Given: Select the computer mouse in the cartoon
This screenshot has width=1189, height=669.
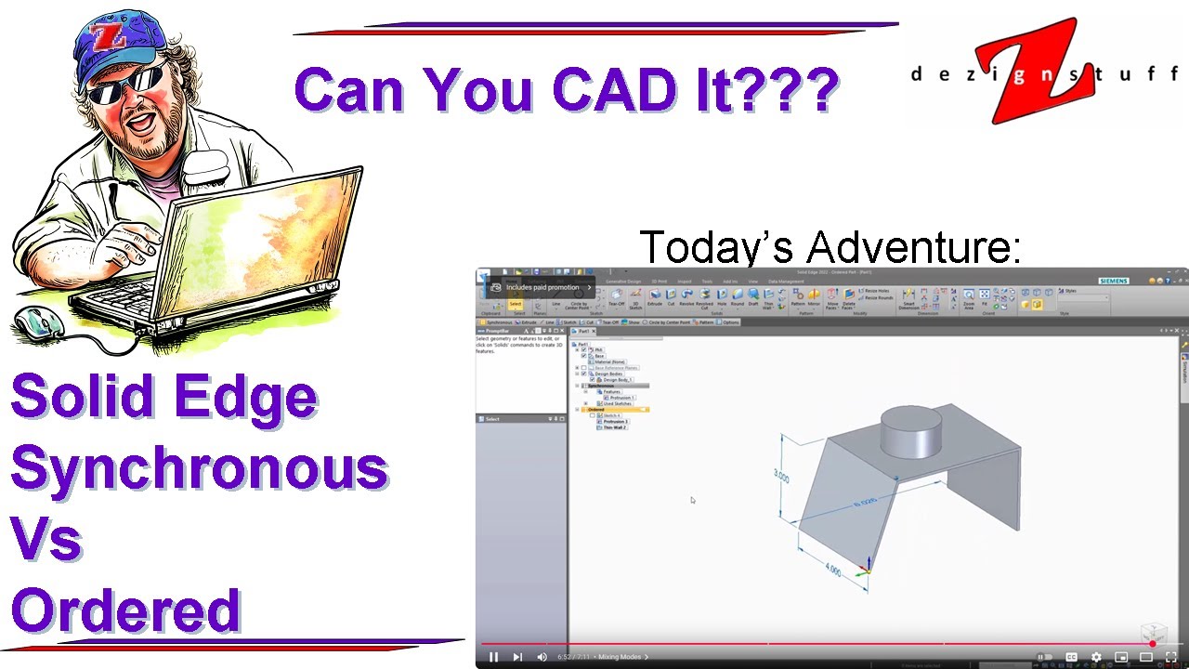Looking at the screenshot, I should click(39, 322).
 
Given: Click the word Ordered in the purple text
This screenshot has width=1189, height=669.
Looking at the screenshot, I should click(126, 610).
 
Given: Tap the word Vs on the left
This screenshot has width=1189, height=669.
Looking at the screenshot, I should click(46, 539).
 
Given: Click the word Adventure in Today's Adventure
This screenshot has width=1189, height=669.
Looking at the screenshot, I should click(914, 248).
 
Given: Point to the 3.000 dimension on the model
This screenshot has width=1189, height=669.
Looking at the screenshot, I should click(781, 477).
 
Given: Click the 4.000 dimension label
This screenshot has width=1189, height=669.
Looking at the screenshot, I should click(832, 570).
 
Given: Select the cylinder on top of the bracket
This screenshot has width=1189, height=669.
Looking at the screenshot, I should click(909, 432).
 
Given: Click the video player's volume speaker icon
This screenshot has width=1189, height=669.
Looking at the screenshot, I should click(542, 657).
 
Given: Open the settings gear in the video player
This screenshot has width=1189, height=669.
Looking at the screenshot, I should click(1096, 657).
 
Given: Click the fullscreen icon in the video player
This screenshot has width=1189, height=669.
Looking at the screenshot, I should click(1171, 657).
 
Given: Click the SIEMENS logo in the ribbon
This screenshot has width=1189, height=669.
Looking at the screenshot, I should click(1113, 281).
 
